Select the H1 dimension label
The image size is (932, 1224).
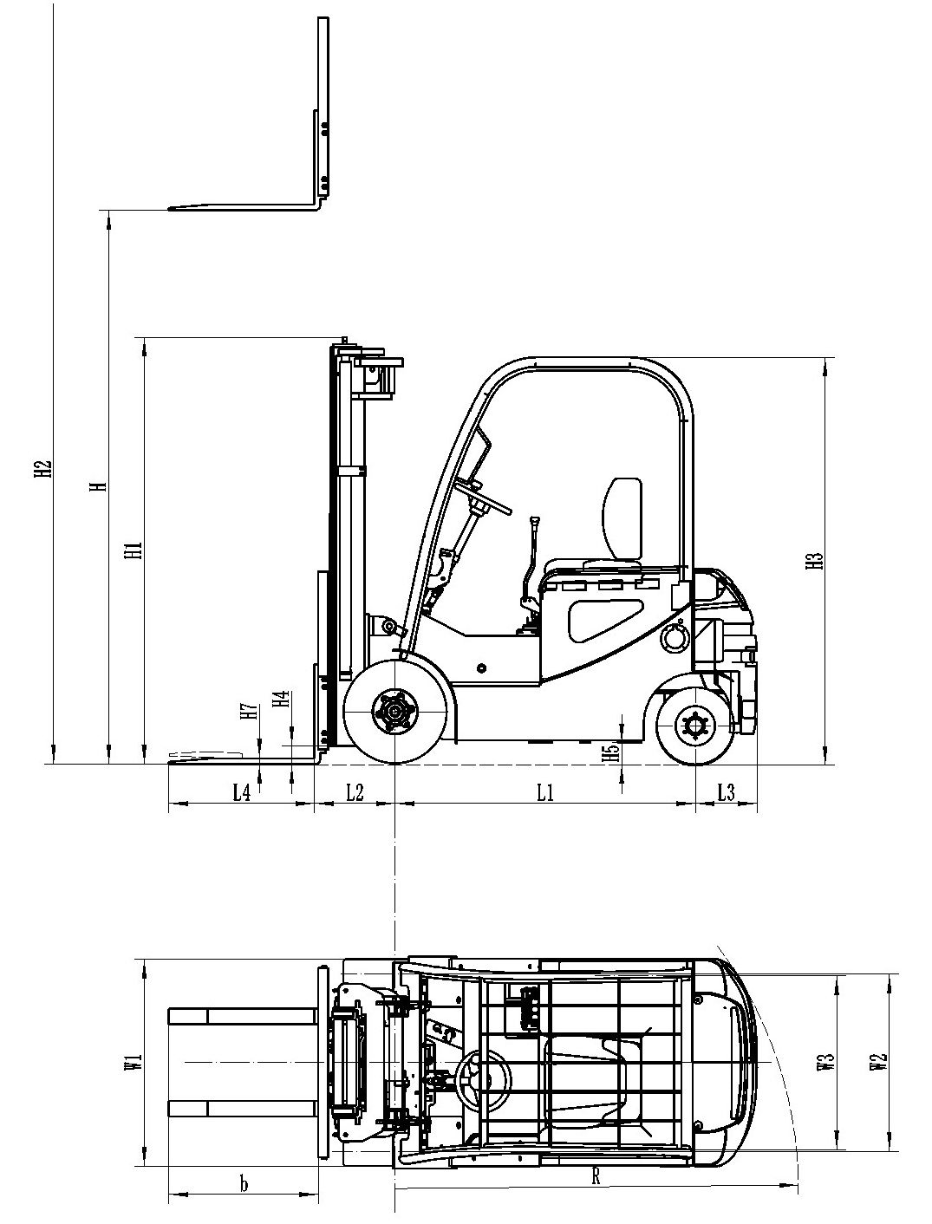[x=131, y=550]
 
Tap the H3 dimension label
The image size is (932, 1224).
[x=813, y=561]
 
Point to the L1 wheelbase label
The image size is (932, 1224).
[x=544, y=791]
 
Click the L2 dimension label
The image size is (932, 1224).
[x=355, y=791]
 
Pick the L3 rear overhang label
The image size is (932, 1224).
[x=727, y=791]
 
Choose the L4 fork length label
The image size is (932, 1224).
[x=241, y=791]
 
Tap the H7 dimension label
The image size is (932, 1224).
[x=249, y=713]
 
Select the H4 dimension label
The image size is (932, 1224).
[x=280, y=700]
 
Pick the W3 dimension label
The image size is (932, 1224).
[x=826, y=1063]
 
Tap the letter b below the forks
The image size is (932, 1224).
[x=244, y=1183]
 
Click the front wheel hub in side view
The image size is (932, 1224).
[x=396, y=713]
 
